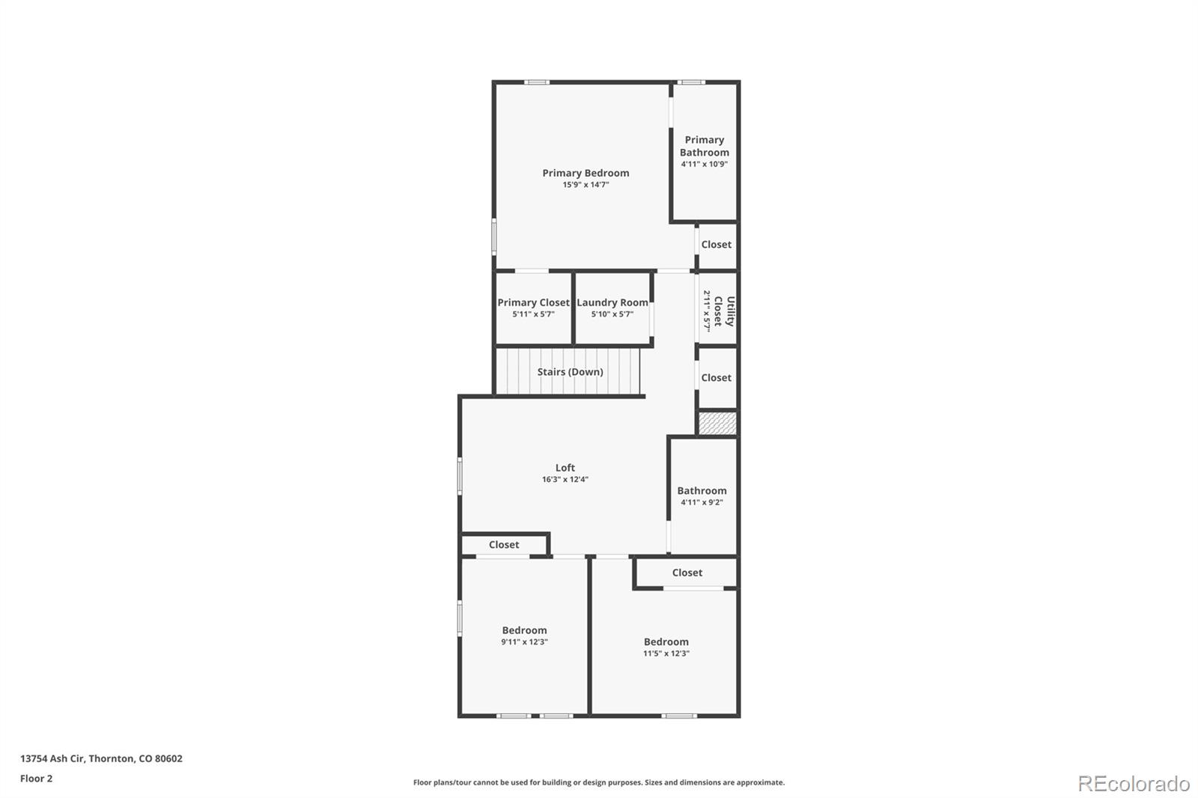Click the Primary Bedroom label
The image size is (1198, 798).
tap(586, 173)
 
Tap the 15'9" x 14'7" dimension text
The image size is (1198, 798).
tap(586, 184)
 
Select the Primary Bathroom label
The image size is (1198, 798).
tap(704, 146)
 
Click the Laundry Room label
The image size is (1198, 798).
tap(612, 302)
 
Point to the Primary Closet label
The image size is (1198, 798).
tap(533, 302)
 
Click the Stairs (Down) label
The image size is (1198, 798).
tap(570, 372)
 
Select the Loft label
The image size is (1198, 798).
tap(565, 468)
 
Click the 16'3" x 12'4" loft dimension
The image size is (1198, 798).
tap(565, 479)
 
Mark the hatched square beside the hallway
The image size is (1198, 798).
tap(717, 424)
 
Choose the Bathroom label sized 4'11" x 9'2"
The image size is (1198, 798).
tap(702, 491)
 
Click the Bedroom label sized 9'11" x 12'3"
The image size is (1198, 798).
tap(524, 630)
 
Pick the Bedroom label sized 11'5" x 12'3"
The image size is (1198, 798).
tap(666, 642)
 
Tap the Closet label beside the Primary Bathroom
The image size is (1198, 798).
tap(716, 245)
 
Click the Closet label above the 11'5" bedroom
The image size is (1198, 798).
tap(687, 573)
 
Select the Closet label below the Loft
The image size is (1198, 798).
tap(503, 545)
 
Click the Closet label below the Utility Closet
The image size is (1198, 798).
tap(716, 378)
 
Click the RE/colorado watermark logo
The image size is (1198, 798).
tap(1134, 784)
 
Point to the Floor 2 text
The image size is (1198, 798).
tap(36, 779)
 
